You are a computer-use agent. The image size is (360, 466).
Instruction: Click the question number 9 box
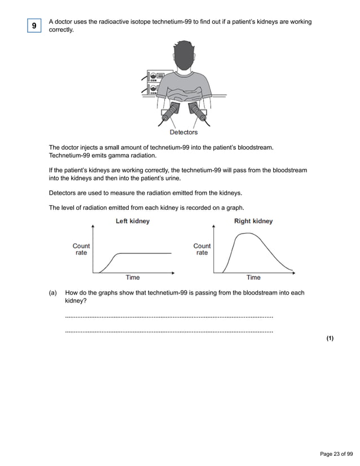(x=34, y=26)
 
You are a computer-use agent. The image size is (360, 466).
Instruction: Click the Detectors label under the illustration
(x=184, y=133)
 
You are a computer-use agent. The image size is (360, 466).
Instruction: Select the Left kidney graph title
(x=133, y=221)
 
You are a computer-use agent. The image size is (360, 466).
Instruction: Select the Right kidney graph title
(x=253, y=221)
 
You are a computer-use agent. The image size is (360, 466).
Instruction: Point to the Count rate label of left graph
(x=81, y=249)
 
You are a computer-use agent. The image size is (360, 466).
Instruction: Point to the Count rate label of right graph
(x=202, y=249)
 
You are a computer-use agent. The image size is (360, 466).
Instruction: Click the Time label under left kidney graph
(x=133, y=278)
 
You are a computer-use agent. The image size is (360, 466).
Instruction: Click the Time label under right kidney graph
(x=253, y=278)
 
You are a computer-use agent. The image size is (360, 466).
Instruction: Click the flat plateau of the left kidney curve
(x=147, y=254)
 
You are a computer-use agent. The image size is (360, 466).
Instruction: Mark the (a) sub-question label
(x=53, y=293)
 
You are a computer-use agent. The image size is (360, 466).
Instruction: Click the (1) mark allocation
(x=330, y=338)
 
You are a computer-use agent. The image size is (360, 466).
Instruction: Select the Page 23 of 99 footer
(x=336, y=454)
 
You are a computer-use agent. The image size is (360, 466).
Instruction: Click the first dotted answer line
(x=169, y=318)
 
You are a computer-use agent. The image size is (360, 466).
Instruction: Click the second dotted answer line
(x=169, y=331)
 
